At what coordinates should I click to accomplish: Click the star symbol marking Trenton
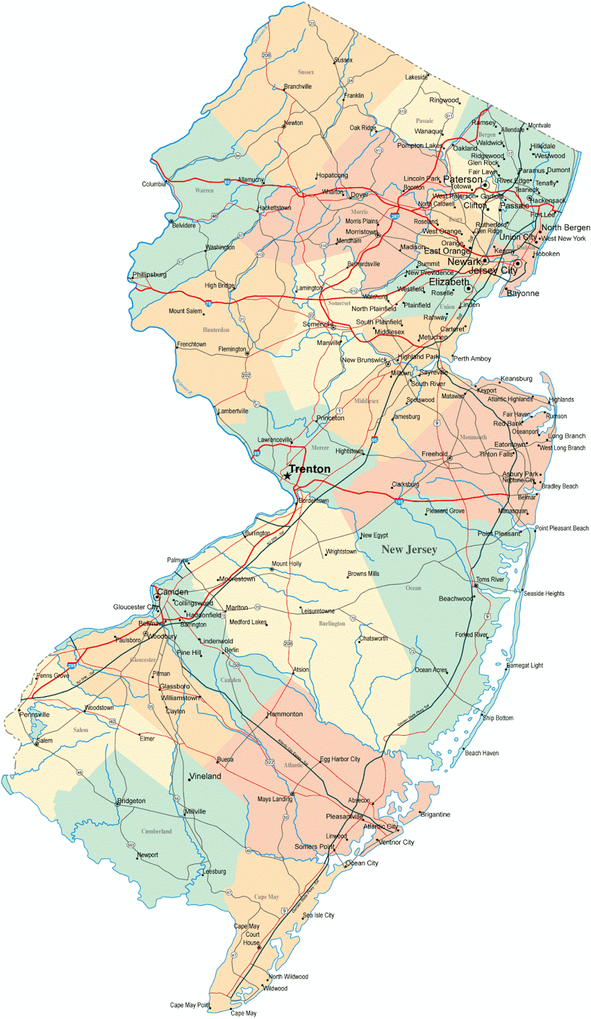coord(287,476)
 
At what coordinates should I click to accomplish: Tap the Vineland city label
coord(206,776)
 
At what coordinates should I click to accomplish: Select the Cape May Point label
coord(189,1005)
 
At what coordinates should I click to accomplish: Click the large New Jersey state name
coord(409,550)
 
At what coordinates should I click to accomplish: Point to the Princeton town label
coord(331,418)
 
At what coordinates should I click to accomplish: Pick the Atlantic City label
coord(380,827)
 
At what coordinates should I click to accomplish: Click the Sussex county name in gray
coord(306,73)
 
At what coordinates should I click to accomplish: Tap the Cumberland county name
coord(157,831)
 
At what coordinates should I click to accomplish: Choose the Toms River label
coord(490,580)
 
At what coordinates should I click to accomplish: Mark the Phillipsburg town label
coord(150,275)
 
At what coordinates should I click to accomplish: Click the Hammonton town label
coord(285,714)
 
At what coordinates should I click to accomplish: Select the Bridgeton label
coord(132,801)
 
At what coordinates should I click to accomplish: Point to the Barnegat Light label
coord(525,666)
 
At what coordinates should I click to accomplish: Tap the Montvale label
coord(539,125)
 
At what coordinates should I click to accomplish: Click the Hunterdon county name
coord(216,330)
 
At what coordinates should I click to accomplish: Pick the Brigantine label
coord(436,815)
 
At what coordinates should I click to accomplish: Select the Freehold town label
coord(434,454)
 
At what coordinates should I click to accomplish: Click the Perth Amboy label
coord(473,359)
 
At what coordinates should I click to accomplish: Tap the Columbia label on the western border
coord(153,184)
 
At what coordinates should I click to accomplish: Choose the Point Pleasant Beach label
coord(562,528)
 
